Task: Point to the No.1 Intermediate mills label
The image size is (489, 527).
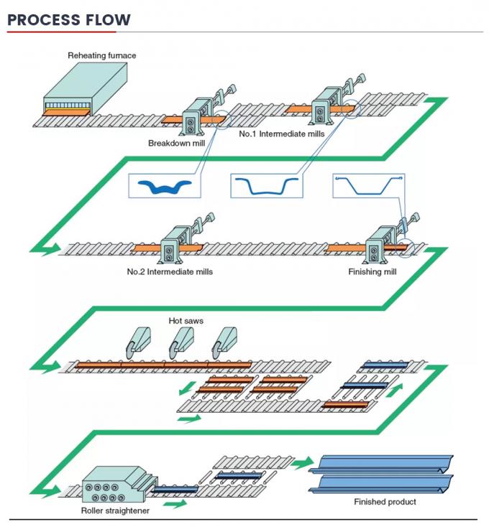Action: pyautogui.click(x=282, y=134)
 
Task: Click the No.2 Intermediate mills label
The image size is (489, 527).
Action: pyautogui.click(x=170, y=272)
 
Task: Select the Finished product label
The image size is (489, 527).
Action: pyautogui.click(x=385, y=502)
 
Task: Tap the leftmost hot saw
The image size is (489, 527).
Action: pyautogui.click(x=135, y=342)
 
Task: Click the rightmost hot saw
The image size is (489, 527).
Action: pyautogui.click(x=227, y=342)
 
